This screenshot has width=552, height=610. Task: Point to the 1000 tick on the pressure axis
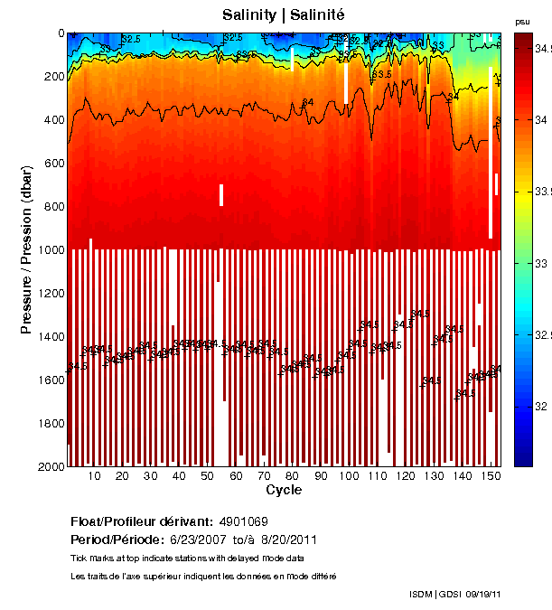click(x=50, y=250)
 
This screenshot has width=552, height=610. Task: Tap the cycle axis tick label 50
click(x=207, y=476)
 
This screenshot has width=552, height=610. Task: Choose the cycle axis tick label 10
click(x=94, y=476)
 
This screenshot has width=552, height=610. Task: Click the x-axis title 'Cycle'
click(x=284, y=491)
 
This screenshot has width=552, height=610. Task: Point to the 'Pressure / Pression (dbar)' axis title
click(x=26, y=250)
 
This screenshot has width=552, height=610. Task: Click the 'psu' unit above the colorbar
click(x=522, y=22)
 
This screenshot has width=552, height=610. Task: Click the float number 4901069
click(x=242, y=521)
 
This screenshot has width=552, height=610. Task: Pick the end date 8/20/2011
click(x=281, y=539)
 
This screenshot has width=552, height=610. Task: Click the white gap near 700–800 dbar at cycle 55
click(x=220, y=194)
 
